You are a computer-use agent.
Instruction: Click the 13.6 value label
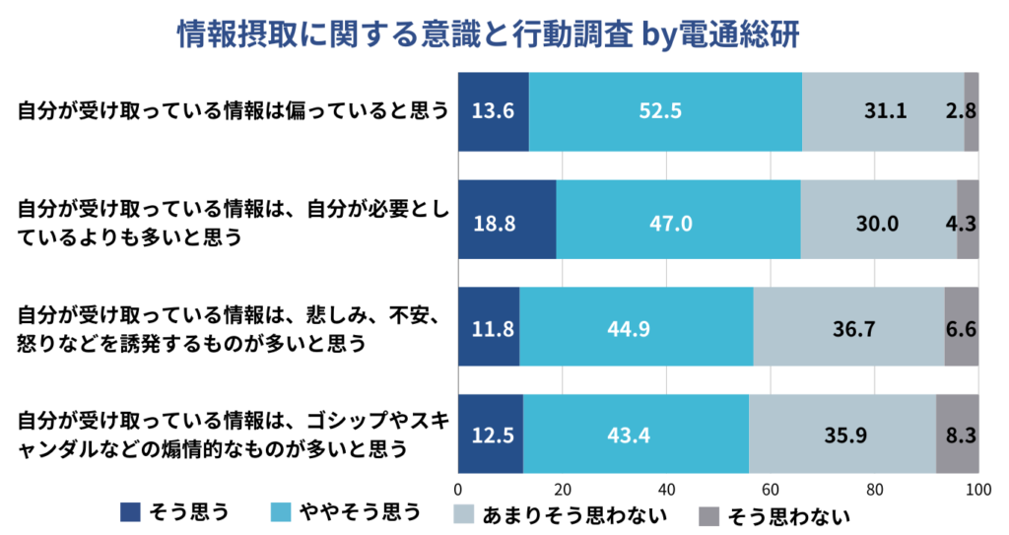tap(493, 111)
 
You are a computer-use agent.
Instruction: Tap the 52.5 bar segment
tap(665, 111)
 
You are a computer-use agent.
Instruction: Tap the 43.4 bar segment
tap(636, 434)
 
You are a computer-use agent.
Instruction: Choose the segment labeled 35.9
tap(841, 434)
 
